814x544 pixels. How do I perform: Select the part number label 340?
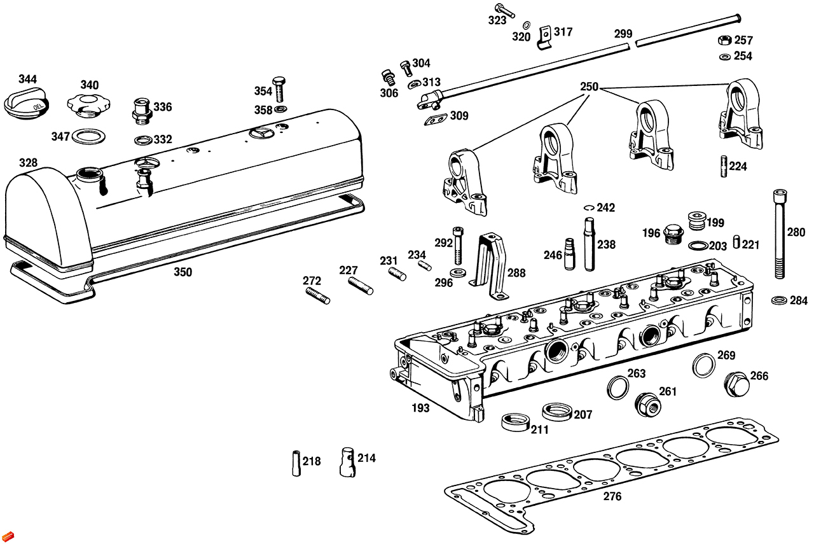coord(89,85)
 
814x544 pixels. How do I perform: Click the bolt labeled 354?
coord(279,89)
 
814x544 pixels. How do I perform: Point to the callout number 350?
coord(183,272)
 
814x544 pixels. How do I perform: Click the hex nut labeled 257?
coord(724,40)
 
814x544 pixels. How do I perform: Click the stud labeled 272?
coord(317,296)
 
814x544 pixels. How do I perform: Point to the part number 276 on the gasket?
coord(612,497)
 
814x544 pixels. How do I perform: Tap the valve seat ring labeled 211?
coord(515,422)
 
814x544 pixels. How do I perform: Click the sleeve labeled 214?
coord(347,461)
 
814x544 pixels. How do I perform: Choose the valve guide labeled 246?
coord(570,254)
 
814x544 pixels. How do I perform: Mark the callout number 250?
coord(589,87)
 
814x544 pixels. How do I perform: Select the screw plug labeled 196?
coord(672,234)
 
